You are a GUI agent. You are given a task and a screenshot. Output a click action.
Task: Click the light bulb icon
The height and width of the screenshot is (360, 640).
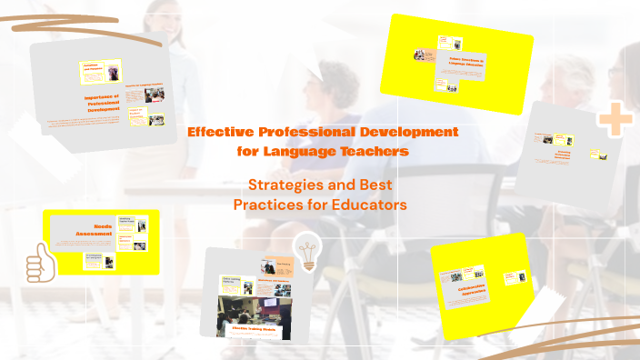pyautogui.click(x=306, y=250)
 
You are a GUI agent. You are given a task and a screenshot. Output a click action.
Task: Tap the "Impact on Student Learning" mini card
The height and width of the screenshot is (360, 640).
pyautogui.click(x=135, y=116)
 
